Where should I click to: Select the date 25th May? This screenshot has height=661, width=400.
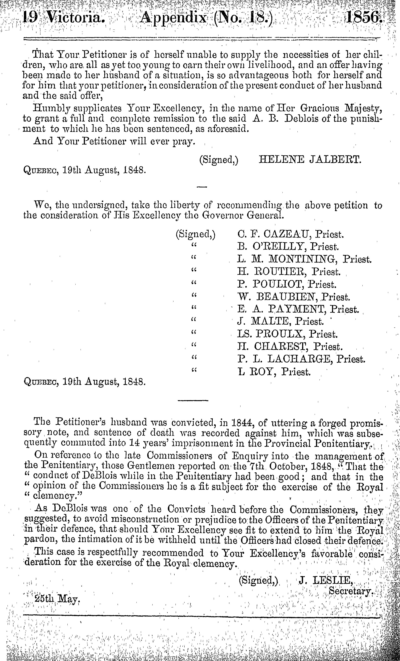tap(56, 599)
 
